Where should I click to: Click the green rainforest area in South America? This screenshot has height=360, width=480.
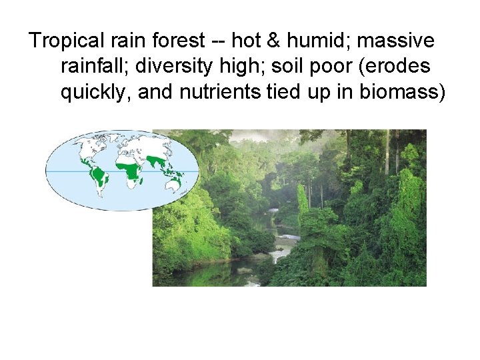[x=99, y=176]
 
